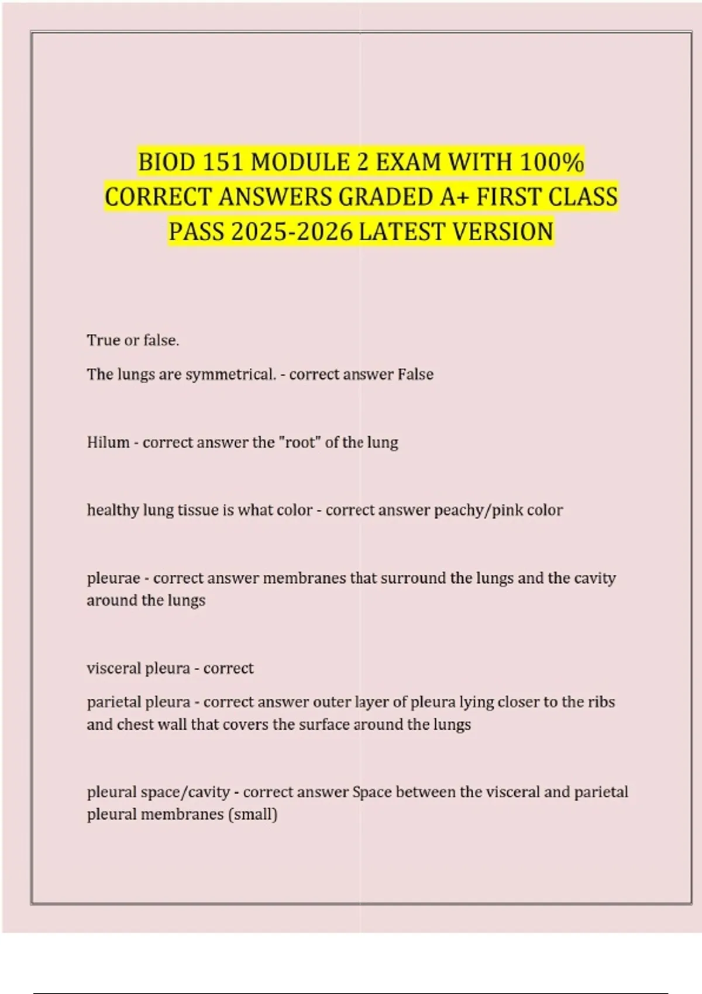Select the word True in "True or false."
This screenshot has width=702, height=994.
(103, 340)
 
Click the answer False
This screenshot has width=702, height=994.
(415, 374)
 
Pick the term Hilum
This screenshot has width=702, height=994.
(108, 442)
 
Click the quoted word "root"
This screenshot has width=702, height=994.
(299, 442)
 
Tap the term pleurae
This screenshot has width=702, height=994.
(113, 578)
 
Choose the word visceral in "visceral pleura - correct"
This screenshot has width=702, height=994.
(112, 668)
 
